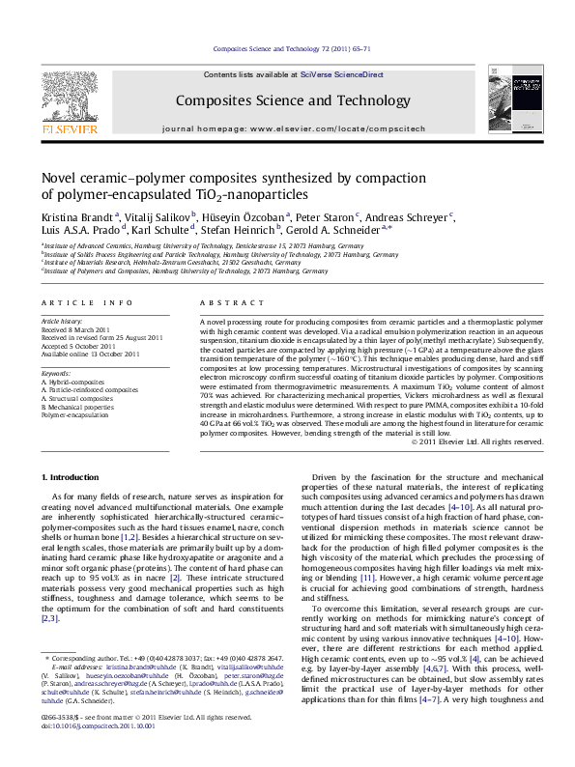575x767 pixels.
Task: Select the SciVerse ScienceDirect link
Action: point(341,74)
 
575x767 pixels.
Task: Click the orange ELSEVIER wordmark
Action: point(71,128)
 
